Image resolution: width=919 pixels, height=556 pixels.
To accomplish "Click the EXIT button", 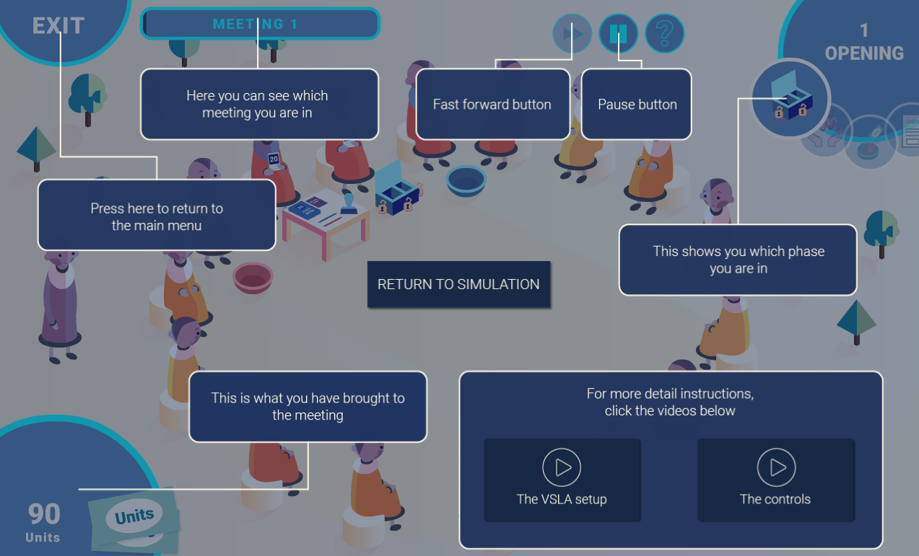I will [58, 26].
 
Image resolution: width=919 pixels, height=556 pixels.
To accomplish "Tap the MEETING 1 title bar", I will [260, 24].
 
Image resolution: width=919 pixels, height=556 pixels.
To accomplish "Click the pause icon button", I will [618, 33].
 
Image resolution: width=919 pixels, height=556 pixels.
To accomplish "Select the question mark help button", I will [664, 33].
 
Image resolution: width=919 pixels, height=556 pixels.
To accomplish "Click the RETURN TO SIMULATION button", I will [458, 284].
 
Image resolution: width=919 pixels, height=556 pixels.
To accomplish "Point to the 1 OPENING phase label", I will [863, 43].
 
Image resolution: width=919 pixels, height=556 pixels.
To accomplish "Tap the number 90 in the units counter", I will [44, 514].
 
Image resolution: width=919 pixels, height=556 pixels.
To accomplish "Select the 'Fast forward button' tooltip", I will [492, 105].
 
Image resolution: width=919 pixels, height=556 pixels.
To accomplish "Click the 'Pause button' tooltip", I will [637, 105].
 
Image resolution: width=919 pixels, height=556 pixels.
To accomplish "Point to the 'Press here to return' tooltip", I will [157, 216].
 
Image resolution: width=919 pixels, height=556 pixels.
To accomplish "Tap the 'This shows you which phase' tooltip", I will [738, 260].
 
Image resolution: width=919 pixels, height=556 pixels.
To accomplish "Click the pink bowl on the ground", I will [253, 277].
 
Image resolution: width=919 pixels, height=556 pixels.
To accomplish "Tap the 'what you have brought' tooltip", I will [308, 407].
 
